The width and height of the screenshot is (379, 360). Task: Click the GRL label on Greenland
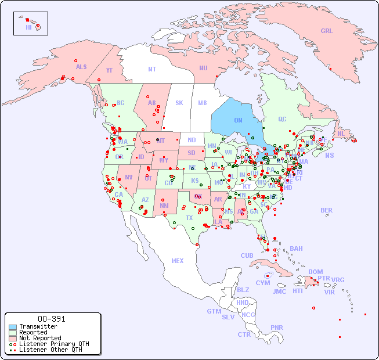tap(327, 31)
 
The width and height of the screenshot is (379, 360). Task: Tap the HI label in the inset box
tap(28, 27)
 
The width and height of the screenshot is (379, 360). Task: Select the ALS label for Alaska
tap(81, 67)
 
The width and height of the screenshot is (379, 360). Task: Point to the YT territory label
tap(109, 70)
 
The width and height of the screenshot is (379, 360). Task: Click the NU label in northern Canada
tap(203, 68)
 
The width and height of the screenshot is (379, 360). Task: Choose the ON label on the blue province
tap(238, 120)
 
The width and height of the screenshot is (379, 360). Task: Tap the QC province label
tap(282, 119)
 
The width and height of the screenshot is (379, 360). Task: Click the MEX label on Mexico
tap(178, 261)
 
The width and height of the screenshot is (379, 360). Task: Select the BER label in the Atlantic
tap(327, 210)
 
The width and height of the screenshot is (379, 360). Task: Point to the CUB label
tap(247, 255)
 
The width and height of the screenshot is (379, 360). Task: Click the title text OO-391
tap(52, 319)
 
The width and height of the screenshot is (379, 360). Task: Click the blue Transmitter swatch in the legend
tap(13, 327)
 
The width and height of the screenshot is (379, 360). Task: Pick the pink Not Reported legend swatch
tap(13, 338)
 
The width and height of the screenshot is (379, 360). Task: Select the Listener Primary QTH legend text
tap(54, 344)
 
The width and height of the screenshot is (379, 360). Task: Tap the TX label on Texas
tap(189, 218)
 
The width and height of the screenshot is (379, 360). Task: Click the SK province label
tap(179, 103)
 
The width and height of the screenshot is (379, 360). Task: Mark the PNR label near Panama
tap(277, 327)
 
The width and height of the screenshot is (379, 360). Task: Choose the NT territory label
tap(151, 69)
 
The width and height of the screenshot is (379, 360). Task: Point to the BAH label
tap(296, 249)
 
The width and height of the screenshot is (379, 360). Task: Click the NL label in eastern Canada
tap(341, 133)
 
